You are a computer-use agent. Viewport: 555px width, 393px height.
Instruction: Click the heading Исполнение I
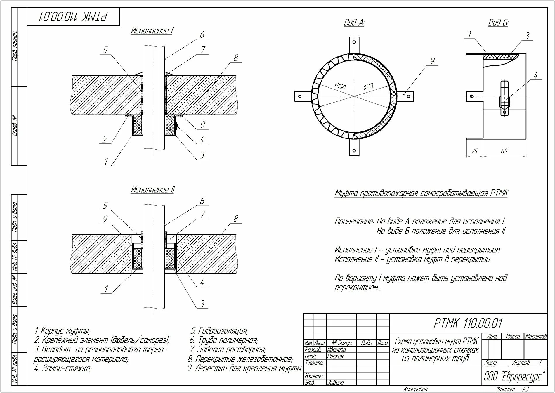point(152,31)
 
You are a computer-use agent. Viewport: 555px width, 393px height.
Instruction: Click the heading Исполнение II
point(152,190)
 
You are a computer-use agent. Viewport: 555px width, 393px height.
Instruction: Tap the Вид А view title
point(354,23)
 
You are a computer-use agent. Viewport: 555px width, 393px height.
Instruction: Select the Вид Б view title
point(498,23)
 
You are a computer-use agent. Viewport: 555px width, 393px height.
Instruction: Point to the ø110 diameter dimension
point(368,86)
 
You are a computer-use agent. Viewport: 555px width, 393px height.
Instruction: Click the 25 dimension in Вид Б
point(474,151)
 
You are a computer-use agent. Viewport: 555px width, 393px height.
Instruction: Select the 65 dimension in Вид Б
point(504,151)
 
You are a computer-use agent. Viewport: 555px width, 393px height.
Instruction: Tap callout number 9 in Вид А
point(432,61)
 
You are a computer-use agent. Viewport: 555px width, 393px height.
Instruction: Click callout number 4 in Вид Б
point(535,76)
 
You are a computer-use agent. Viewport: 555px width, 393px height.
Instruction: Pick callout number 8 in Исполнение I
point(236,58)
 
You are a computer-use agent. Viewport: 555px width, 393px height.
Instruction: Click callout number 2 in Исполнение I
point(105,139)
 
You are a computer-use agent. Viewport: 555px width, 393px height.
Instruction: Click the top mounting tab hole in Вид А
point(354,42)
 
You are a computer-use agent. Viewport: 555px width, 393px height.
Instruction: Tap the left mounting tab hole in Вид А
point(299,96)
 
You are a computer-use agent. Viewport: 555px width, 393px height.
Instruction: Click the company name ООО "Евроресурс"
point(514,376)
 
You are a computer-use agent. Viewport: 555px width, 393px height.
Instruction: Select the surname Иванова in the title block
point(337,349)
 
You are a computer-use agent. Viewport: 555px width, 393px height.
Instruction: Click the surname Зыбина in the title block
point(335,383)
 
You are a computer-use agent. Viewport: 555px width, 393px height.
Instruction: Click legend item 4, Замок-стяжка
point(63,369)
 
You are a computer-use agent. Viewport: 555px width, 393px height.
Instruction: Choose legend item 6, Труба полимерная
point(224,340)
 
